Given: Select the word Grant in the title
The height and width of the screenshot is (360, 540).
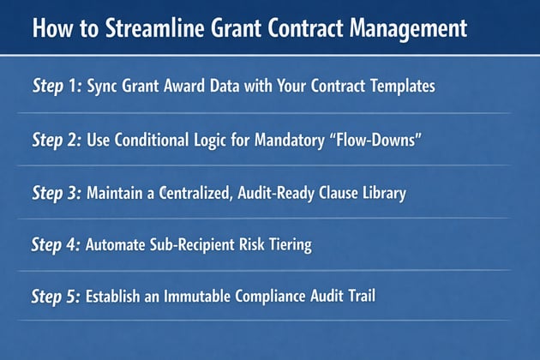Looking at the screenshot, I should pyautogui.click(x=232, y=27).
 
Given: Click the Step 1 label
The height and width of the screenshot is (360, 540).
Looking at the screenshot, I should pyautogui.click(x=57, y=87).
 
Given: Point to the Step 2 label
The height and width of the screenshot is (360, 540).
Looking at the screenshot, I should pyautogui.click(x=57, y=140).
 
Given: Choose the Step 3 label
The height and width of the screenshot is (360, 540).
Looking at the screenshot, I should pyautogui.click(x=57, y=193).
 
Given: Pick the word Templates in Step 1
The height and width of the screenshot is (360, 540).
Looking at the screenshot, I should pyautogui.click(x=404, y=87).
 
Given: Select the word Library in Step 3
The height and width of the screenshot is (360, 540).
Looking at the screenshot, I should pyautogui.click(x=382, y=193).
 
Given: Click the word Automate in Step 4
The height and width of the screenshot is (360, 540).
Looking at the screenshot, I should pyautogui.click(x=117, y=245).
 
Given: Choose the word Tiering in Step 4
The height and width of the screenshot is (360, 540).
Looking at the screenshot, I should pyautogui.click(x=287, y=245).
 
